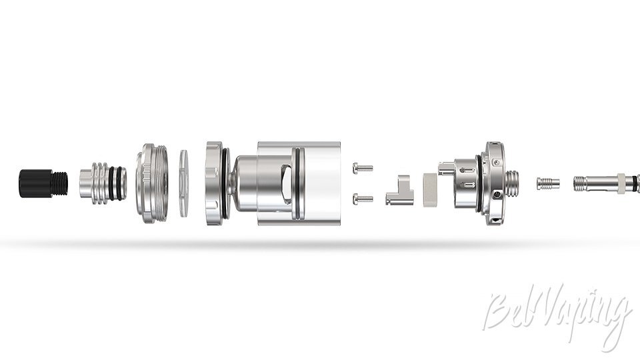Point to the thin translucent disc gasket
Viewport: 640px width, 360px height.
coord(185,183)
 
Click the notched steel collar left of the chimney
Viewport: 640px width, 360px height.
coord(214,183)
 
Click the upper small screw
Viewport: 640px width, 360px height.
coord(363,168)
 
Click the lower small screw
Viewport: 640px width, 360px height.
coord(363,197)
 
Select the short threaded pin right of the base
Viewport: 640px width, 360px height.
coord(547,183)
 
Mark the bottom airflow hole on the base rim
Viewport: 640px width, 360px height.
coord(494,217)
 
